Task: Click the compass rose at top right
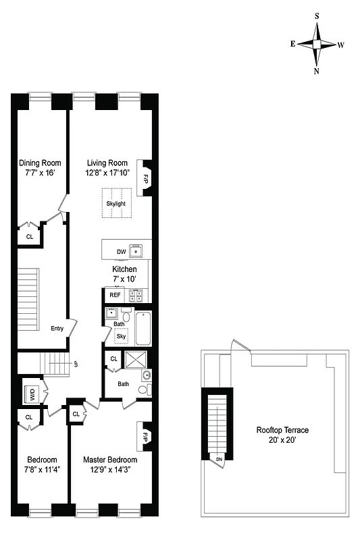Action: coord(317,45)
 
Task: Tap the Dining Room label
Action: coord(40,163)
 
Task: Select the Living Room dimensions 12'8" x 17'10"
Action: coord(107,173)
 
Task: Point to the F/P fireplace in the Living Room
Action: coord(145,178)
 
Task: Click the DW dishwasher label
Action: coord(121,252)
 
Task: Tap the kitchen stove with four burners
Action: coord(136,295)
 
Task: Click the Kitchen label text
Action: coord(124,269)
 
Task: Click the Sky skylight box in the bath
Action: coord(122,336)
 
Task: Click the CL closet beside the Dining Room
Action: coord(30,237)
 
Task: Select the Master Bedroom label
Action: coord(110,460)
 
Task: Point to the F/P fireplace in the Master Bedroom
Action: coord(145,437)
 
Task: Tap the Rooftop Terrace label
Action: coord(282,430)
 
